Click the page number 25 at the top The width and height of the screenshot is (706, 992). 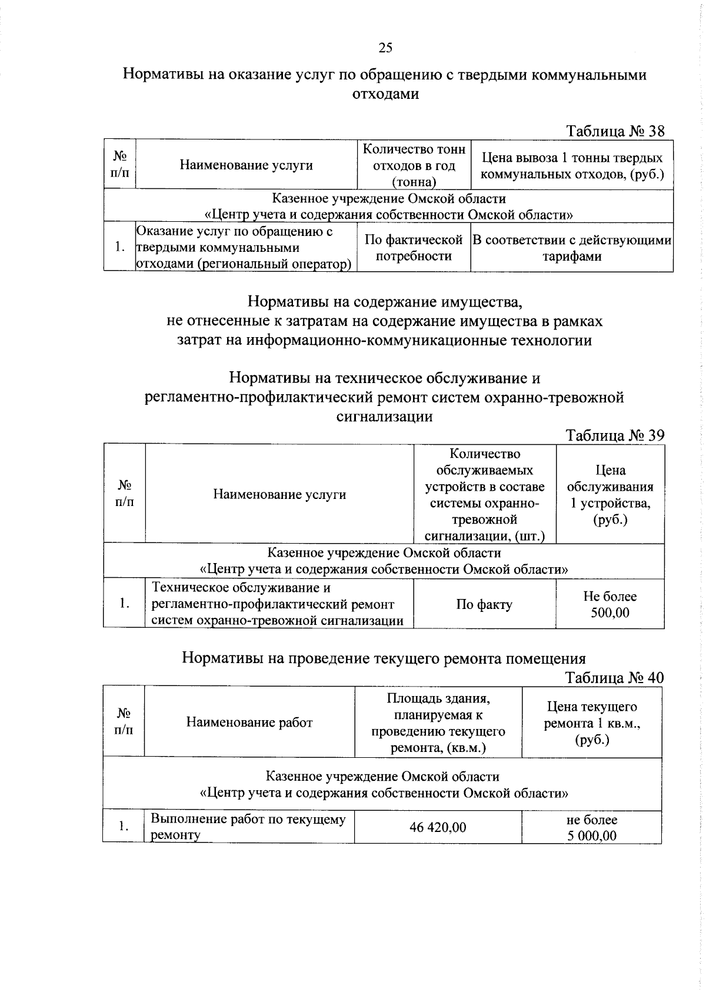385,48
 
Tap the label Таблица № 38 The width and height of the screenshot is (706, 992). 615,131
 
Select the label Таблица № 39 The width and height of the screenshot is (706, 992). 615,435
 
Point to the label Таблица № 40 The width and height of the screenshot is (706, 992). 614,678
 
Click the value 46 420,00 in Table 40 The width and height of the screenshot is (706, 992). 438,827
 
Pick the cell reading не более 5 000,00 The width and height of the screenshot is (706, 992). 592,827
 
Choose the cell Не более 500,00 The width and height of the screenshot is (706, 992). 610,604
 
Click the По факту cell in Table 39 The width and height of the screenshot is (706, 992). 484,604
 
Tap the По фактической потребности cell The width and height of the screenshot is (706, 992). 414,248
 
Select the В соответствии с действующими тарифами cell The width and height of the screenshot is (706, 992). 572,248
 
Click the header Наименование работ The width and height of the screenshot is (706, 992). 249,722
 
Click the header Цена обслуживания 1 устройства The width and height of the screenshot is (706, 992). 610,495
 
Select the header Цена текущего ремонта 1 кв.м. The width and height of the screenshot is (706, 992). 592,723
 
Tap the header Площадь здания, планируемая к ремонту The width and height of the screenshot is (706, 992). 438,723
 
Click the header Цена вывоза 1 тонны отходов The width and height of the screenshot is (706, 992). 572,166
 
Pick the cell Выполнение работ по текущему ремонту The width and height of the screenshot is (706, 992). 248,827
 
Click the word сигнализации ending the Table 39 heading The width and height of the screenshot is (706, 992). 385,417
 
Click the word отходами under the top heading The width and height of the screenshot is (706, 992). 385,94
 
